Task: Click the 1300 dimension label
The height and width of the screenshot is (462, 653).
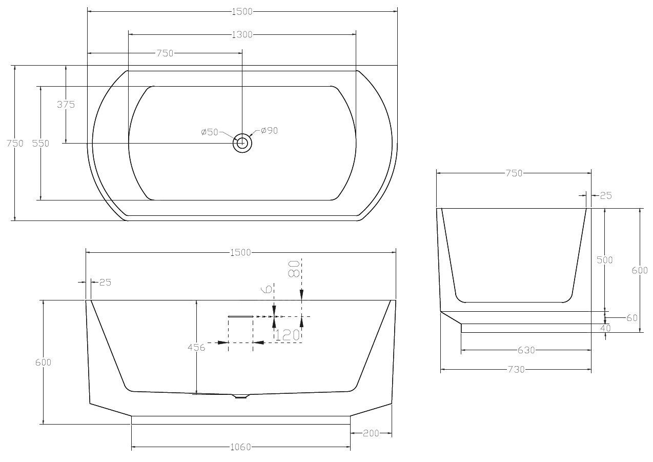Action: point(242,35)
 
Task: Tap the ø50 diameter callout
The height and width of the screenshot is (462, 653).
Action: point(210,132)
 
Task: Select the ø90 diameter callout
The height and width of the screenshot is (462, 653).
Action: point(270,131)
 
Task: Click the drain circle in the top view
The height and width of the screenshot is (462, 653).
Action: point(242,143)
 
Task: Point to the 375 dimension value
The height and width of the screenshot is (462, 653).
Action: point(66,105)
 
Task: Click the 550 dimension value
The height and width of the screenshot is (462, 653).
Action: point(40,144)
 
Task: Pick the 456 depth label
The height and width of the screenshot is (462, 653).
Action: point(196,347)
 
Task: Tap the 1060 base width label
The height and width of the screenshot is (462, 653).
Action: point(240,447)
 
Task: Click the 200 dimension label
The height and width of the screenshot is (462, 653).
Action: point(371,434)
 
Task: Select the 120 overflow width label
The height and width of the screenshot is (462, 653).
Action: point(288,335)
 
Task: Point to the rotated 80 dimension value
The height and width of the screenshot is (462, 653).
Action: point(294,269)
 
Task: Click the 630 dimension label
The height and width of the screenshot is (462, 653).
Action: point(526,350)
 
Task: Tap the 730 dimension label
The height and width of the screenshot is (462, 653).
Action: point(516,370)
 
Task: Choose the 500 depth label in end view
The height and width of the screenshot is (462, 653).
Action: point(605,260)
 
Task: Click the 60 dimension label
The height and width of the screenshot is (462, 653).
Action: point(632,318)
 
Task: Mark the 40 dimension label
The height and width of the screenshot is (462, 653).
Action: point(606,328)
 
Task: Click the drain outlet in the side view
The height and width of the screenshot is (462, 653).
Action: point(240,396)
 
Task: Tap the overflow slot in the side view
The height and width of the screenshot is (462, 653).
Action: point(241,316)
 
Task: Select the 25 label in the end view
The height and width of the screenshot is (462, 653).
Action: point(606,196)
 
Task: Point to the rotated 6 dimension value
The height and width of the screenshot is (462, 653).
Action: point(268,289)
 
